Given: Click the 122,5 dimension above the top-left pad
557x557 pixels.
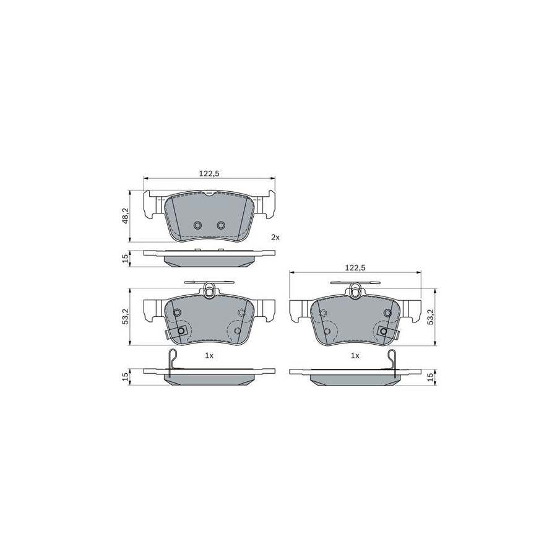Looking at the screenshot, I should pyautogui.click(x=209, y=173).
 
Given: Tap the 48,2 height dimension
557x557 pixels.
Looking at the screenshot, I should pyautogui.click(x=126, y=215).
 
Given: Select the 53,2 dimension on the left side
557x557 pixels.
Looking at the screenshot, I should pyautogui.click(x=126, y=317).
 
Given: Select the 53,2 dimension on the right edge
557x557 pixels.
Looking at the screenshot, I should pyautogui.click(x=431, y=317).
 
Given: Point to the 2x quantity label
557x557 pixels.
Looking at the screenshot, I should pyautogui.click(x=275, y=237).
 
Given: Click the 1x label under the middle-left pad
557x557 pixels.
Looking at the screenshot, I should pyautogui.click(x=209, y=356).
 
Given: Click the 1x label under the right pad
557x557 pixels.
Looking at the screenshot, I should pyautogui.click(x=355, y=356).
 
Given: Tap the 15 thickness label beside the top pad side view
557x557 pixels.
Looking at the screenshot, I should pyautogui.click(x=126, y=259).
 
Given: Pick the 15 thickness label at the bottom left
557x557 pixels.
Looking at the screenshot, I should pyautogui.click(x=126, y=376).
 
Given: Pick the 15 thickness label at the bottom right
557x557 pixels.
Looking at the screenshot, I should pyautogui.click(x=431, y=376).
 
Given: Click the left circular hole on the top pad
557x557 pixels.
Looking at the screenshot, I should pyautogui.click(x=198, y=225).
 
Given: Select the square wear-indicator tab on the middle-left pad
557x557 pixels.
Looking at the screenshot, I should pyautogui.click(x=181, y=332).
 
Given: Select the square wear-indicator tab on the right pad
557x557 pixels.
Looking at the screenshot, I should pyautogui.click(x=384, y=332).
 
